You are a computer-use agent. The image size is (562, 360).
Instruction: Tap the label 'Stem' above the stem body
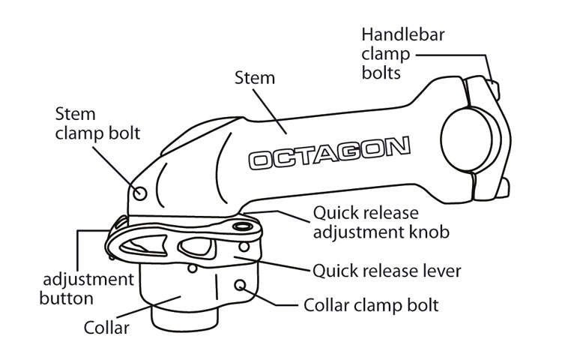(255, 77)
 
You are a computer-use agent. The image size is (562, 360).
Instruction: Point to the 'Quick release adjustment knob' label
(381, 223)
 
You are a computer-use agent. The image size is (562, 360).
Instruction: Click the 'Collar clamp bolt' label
(371, 306)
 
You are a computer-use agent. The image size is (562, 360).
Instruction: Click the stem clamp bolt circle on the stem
(139, 193)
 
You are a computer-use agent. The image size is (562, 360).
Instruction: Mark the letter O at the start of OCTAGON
(262, 160)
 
